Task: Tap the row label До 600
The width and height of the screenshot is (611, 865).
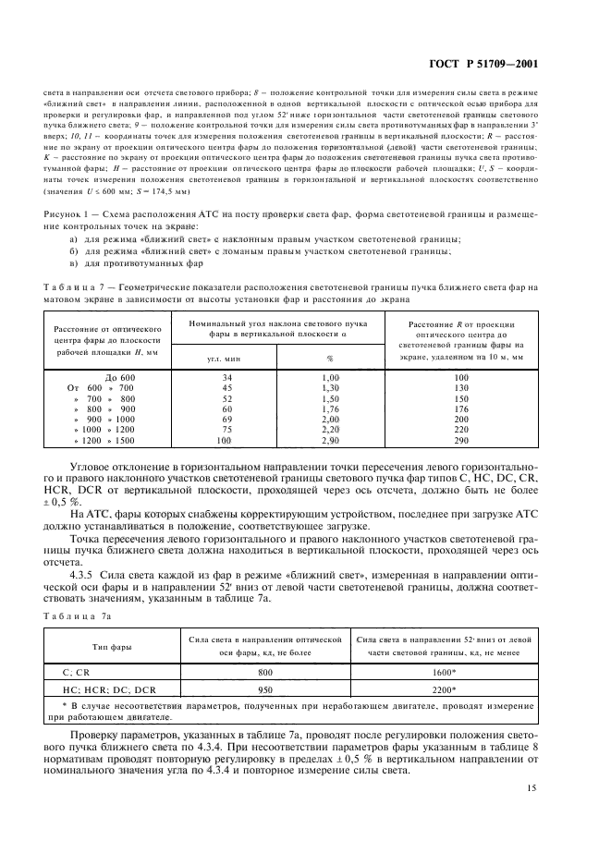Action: (x=120, y=378)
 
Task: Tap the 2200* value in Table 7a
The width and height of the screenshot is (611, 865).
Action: (x=446, y=688)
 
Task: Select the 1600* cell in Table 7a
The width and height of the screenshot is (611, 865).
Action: (x=446, y=673)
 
